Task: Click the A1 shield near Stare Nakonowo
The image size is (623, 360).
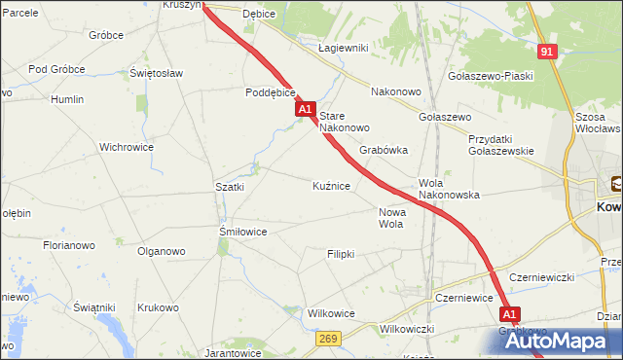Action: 306,110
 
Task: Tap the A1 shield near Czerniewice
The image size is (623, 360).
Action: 511,314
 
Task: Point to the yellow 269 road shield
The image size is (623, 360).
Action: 327,338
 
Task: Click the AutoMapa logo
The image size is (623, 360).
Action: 552,341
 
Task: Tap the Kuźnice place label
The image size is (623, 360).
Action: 332,185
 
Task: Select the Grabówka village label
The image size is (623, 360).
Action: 384,151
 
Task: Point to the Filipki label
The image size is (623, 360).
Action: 341,254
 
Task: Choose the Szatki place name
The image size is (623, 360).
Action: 230,187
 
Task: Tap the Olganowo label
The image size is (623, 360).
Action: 162,251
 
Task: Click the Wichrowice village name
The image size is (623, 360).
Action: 127,148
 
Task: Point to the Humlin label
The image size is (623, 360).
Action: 67,99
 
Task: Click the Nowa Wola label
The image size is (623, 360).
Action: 390,218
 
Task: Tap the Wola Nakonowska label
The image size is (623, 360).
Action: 449,189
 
